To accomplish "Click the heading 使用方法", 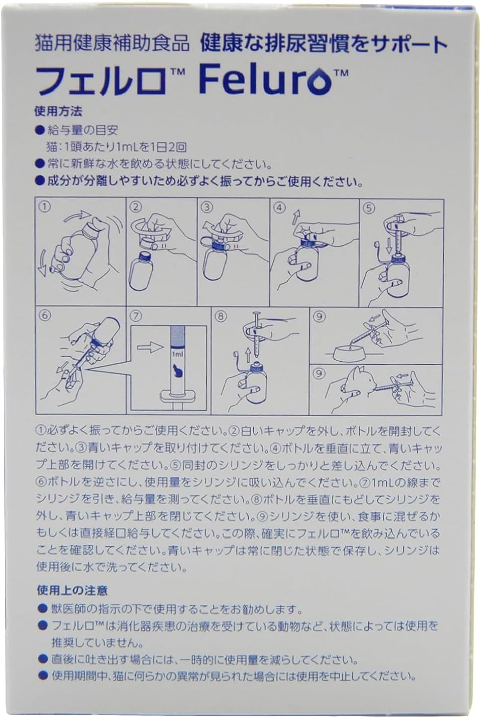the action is tap(58, 111).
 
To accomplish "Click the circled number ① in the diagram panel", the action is tap(44, 207).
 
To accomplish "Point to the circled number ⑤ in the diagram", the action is tap(369, 208).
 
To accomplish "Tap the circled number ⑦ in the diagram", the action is tap(136, 316).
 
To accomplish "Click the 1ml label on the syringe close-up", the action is tap(177, 355).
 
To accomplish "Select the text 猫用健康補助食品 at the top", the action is tap(111, 44).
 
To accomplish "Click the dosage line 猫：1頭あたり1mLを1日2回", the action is tap(117, 147).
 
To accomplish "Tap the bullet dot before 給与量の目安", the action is tap(40, 130).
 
